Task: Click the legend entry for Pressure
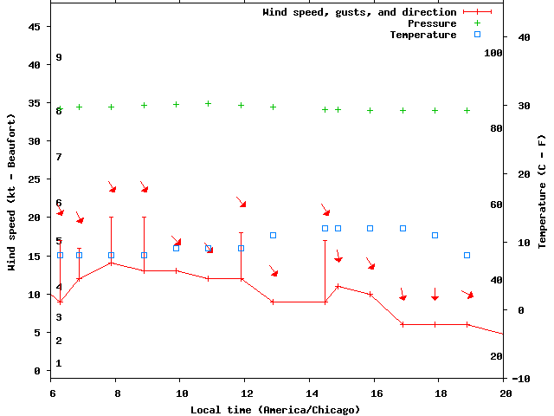(x=431, y=23)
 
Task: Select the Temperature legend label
(x=422, y=35)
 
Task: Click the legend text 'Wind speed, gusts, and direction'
(x=359, y=12)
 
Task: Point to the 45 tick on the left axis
(x=35, y=27)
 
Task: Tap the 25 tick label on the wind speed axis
(x=35, y=179)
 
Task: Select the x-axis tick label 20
(x=506, y=393)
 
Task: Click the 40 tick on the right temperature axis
(x=524, y=37)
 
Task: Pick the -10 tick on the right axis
(x=522, y=379)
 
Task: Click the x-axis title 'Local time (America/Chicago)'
(x=275, y=408)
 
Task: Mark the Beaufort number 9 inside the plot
(x=59, y=57)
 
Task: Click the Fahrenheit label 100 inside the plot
(x=493, y=53)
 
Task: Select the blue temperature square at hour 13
(x=273, y=235)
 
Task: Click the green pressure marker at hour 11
(x=208, y=104)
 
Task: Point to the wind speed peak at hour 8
(x=111, y=263)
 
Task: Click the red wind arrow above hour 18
(x=435, y=295)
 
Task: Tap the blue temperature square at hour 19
(x=467, y=255)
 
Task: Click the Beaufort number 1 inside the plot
(x=59, y=363)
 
